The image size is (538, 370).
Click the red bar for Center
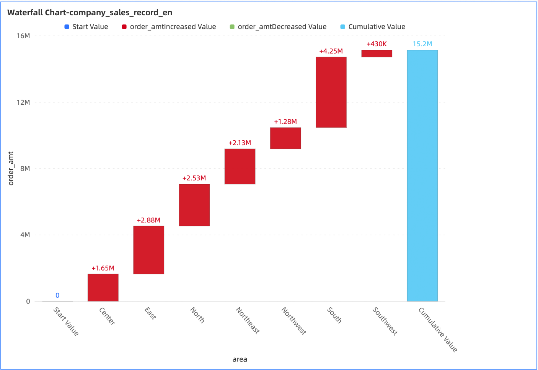(x=103, y=287)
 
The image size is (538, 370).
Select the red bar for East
(x=148, y=250)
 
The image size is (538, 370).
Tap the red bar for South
(x=331, y=92)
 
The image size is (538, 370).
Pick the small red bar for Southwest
(x=377, y=54)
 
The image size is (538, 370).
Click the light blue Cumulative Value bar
(x=422, y=175)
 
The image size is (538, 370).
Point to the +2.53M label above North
(x=194, y=178)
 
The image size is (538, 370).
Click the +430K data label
(x=377, y=44)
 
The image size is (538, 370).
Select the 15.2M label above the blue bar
(x=422, y=44)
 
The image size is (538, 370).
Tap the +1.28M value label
(x=285, y=122)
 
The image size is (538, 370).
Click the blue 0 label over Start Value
(x=57, y=295)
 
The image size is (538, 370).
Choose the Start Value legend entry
(x=86, y=27)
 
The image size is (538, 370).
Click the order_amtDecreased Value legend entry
(x=278, y=27)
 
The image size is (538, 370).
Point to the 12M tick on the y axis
(x=23, y=102)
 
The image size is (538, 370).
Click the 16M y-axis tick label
(x=23, y=36)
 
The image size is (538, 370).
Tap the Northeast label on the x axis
(x=248, y=320)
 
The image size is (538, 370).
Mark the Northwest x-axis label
(x=294, y=321)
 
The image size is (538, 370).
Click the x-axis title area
(x=240, y=359)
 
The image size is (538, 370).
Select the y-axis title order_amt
(x=11, y=169)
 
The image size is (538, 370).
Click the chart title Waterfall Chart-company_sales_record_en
(x=90, y=13)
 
